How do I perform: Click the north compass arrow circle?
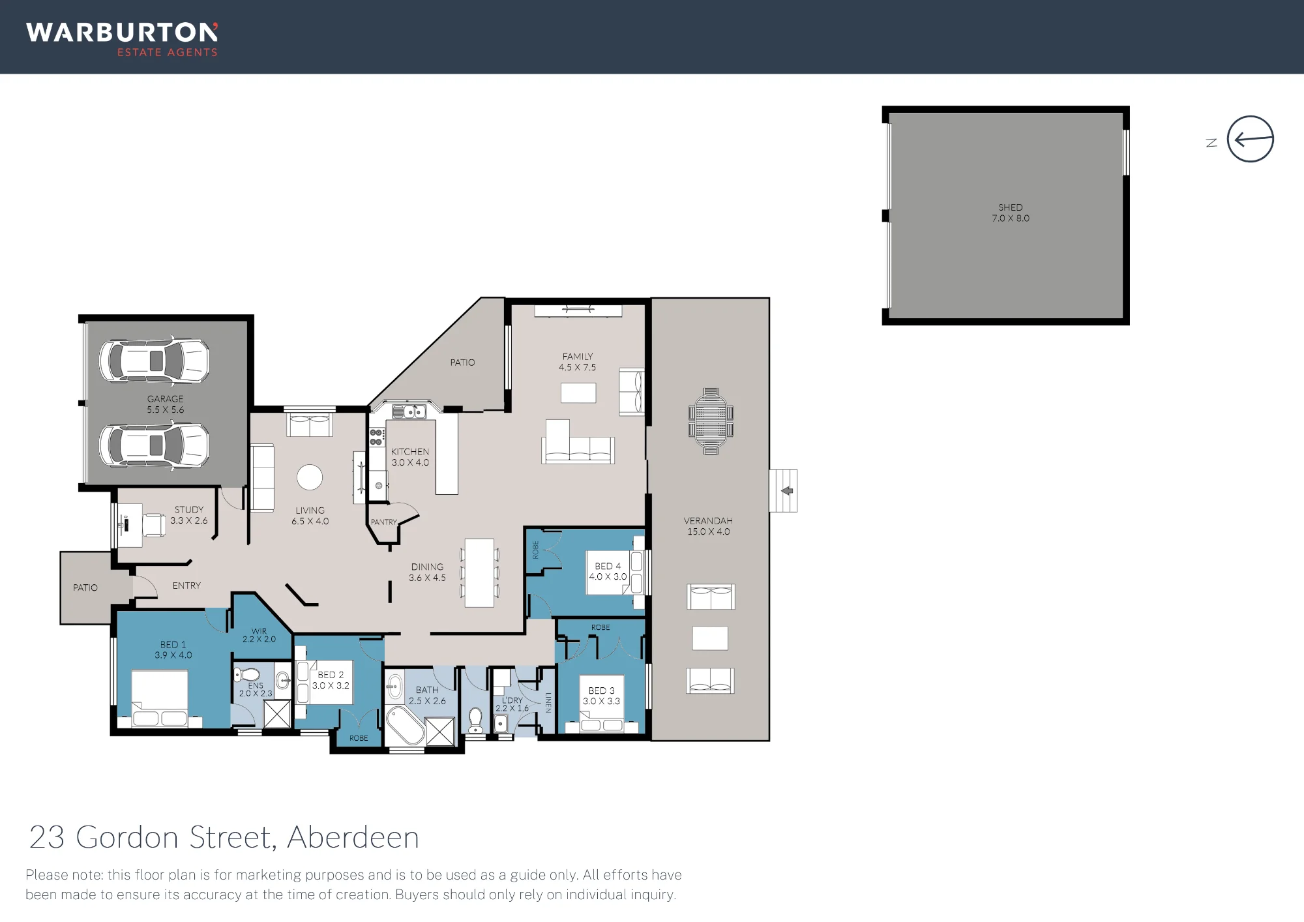(1250, 117)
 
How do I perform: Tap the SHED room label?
(1011, 207)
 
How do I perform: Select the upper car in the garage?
(155, 360)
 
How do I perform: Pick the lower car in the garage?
(155, 445)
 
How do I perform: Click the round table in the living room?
(310, 477)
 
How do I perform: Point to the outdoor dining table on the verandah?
(711, 421)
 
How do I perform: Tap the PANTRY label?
(383, 522)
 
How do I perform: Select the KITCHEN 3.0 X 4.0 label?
(410, 456)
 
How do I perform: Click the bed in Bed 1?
(160, 698)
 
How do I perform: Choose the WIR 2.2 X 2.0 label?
(259, 635)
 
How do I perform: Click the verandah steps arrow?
(787, 490)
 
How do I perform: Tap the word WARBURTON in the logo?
(122, 33)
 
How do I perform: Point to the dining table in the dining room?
(479, 573)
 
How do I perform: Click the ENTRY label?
(186, 586)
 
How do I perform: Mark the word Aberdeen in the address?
(353, 837)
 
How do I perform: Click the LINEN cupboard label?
(548, 703)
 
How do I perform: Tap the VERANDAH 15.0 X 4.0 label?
(708, 526)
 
